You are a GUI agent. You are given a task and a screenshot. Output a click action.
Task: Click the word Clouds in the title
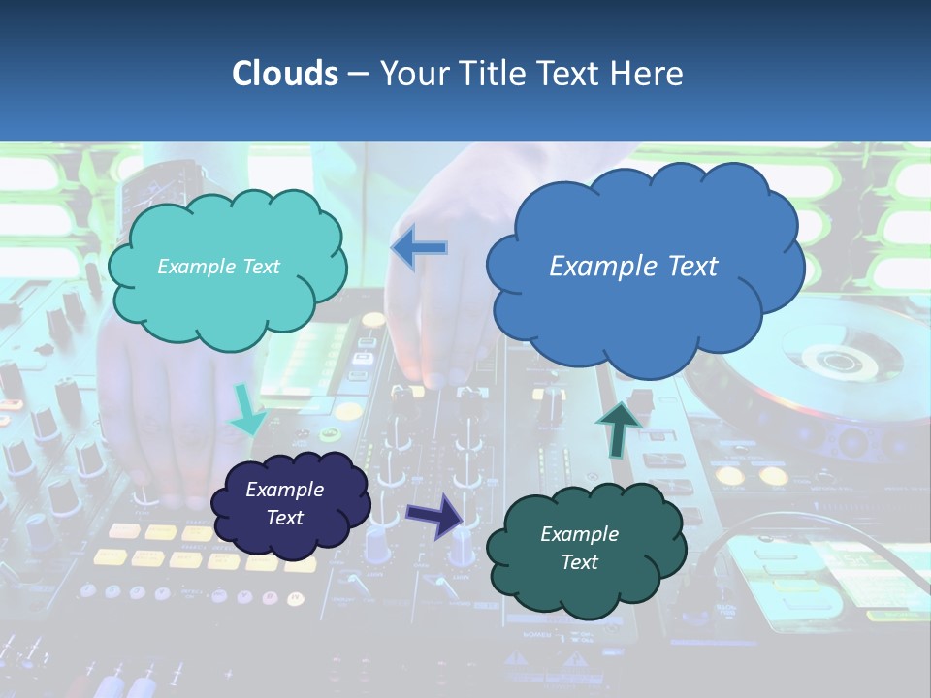(x=285, y=74)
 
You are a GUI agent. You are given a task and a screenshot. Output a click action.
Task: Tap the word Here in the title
(x=649, y=74)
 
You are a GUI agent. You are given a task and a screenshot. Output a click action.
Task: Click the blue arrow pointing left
(x=419, y=248)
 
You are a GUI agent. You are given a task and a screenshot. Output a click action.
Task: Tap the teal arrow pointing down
(x=246, y=411)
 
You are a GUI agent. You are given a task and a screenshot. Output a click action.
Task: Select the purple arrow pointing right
(x=435, y=515)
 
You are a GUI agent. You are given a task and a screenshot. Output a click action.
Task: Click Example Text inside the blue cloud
(x=633, y=267)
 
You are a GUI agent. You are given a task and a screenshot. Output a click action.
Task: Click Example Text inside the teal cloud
(x=218, y=267)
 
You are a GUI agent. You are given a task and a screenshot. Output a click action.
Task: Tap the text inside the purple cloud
(x=285, y=503)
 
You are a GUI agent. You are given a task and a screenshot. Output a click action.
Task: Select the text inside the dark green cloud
(x=580, y=548)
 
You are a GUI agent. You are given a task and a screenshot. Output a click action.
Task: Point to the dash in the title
(x=357, y=74)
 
